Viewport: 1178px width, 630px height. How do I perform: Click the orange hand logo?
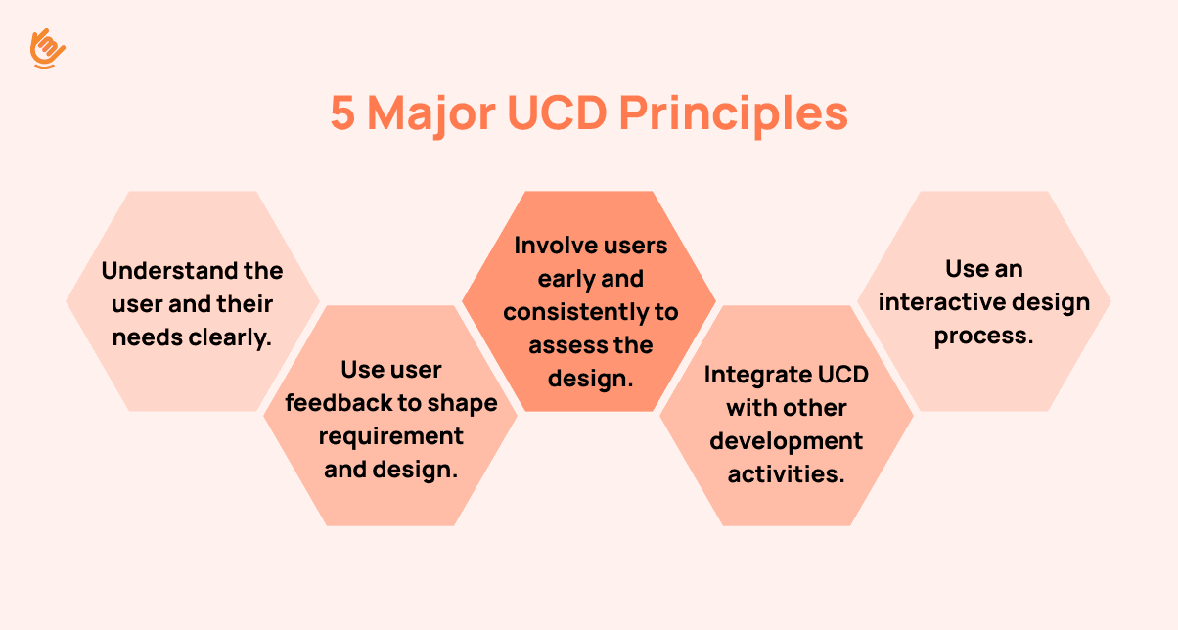tap(47, 49)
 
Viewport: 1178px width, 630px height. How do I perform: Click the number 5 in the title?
tap(342, 112)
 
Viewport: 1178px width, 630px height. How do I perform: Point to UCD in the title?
tap(558, 112)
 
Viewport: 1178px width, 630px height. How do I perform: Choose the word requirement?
tap(390, 437)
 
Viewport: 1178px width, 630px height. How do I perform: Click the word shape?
tap(462, 404)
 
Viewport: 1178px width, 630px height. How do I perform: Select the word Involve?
tap(551, 246)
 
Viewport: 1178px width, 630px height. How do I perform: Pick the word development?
tap(787, 442)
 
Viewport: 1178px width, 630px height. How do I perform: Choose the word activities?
tap(787, 474)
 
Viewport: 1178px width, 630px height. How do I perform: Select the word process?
tap(983, 337)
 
